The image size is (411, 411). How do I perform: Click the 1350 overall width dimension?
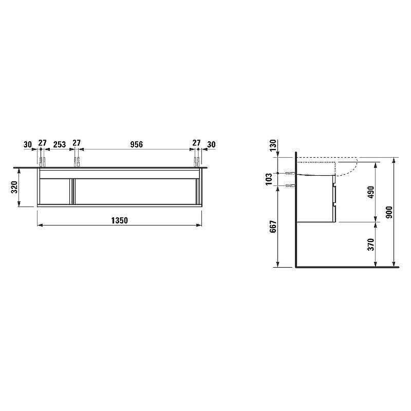click(120, 220)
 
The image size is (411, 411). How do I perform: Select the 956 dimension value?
click(137, 144)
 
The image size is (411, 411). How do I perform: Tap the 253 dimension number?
click(60, 144)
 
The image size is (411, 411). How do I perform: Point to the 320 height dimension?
click(14, 187)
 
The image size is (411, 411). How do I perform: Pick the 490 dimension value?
click(370, 192)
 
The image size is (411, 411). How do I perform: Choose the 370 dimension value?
click(370, 245)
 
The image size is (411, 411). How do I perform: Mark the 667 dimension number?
click(273, 227)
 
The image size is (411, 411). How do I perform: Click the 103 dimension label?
click(269, 179)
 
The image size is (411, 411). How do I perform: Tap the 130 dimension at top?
click(273, 145)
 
